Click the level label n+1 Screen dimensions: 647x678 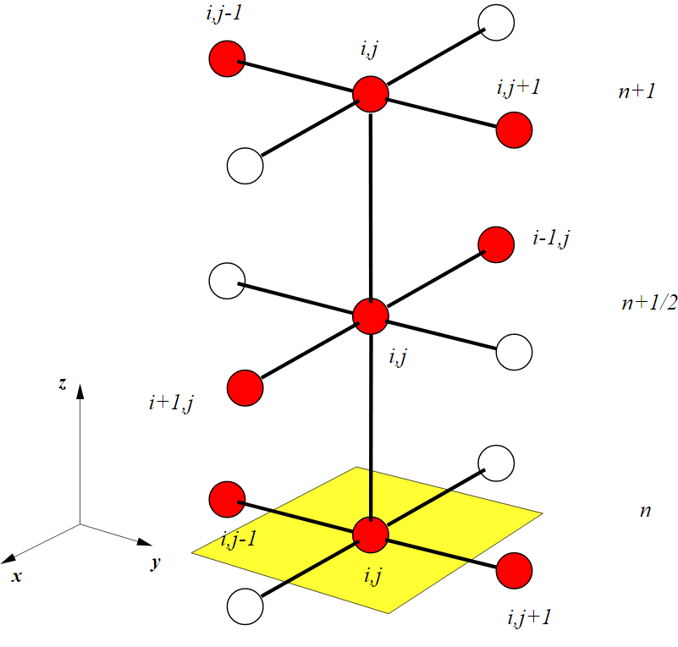[637, 92]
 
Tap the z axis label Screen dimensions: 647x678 [63, 383]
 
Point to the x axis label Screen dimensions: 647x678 [16, 576]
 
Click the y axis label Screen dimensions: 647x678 [156, 562]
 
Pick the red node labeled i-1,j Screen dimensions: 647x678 [496, 245]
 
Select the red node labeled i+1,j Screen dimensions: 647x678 [245, 387]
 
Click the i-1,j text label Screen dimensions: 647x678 [550, 239]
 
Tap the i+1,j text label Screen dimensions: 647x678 [172, 403]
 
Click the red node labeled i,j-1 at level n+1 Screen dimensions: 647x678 [227, 59]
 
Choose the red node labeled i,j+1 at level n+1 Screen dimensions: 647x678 [514, 131]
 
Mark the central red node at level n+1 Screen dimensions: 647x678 [370, 94]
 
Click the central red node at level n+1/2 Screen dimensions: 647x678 [370, 315]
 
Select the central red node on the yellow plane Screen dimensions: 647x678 [370, 534]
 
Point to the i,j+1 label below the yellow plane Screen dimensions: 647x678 [529, 617]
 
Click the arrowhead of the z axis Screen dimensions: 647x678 [80, 389]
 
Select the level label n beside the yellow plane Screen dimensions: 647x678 [646, 512]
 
